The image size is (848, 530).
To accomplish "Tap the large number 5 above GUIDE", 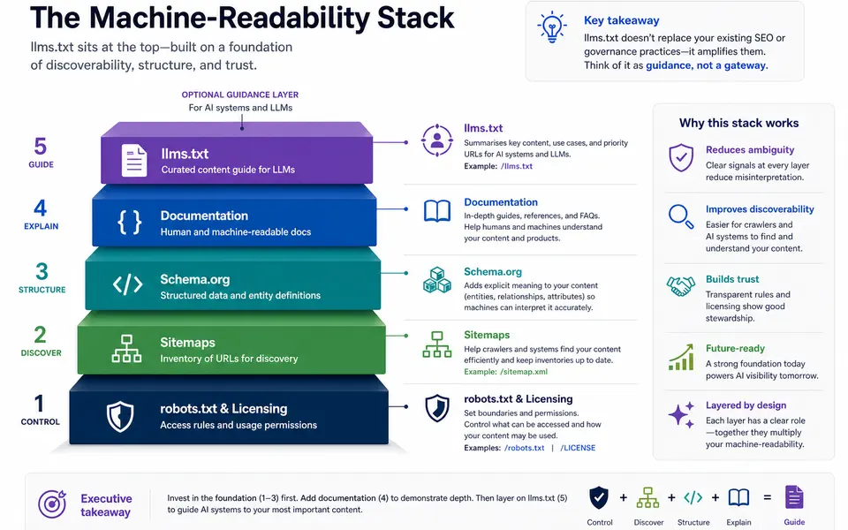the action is pyautogui.click(x=41, y=147).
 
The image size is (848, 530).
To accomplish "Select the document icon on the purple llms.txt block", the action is pyautogui.click(x=134, y=160).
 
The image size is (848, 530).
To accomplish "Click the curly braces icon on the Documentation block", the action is pyautogui.click(x=130, y=222).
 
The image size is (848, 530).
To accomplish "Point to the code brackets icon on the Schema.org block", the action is pyautogui.click(x=127, y=284).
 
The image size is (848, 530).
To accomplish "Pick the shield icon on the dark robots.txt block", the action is pyautogui.click(x=120, y=416).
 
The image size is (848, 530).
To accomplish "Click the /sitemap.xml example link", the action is pyautogui.click(x=524, y=372).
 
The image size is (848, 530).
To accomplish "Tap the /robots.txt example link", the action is pyautogui.click(x=524, y=448).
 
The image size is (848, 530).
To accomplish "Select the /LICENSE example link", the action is pyautogui.click(x=578, y=448).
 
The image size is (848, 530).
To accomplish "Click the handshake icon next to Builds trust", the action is pyautogui.click(x=680, y=285).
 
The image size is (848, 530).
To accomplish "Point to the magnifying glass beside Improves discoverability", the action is pyautogui.click(x=681, y=216).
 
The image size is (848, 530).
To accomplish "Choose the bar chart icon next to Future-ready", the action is pyautogui.click(x=681, y=357).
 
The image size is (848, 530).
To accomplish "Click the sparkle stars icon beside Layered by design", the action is pyautogui.click(x=681, y=415).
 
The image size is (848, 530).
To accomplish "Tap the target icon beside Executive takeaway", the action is pyautogui.click(x=52, y=503).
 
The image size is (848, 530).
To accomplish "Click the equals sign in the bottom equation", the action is pyautogui.click(x=767, y=497).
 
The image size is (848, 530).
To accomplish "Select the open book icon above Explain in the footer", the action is pyautogui.click(x=738, y=497).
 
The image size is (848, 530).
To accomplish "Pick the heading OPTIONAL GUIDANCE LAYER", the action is pyautogui.click(x=240, y=95).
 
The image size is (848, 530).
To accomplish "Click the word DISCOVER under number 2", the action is pyautogui.click(x=42, y=352).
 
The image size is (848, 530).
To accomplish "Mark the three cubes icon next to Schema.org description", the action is pyautogui.click(x=437, y=280).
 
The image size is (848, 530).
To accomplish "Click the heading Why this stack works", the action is pyautogui.click(x=738, y=123).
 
